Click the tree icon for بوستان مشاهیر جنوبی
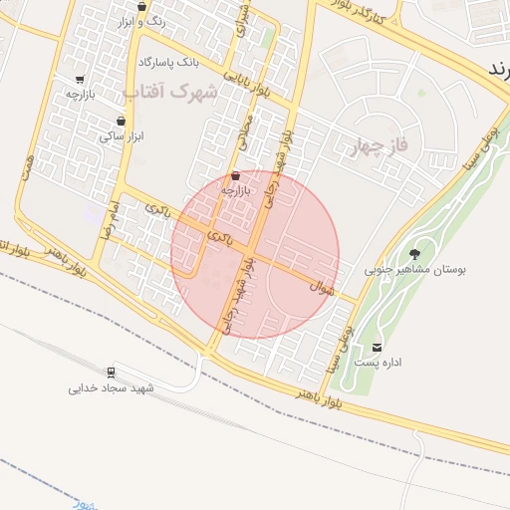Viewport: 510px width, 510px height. [415, 253]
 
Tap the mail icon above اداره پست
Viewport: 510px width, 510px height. [377, 347]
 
